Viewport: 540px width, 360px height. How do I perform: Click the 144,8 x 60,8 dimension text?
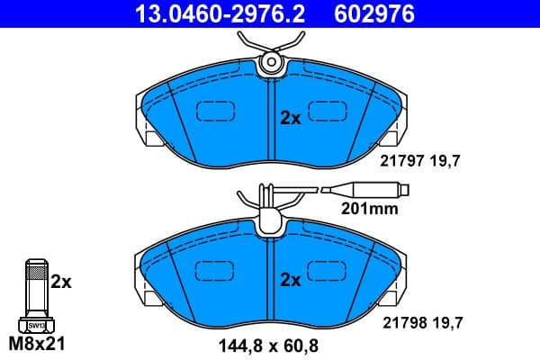(270, 344)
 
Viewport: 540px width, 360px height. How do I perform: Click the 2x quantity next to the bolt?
(60, 282)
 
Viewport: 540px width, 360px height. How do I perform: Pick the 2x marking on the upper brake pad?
(290, 117)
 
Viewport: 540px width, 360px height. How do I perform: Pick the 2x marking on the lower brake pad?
(290, 280)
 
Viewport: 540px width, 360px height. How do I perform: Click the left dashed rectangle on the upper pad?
(215, 112)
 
